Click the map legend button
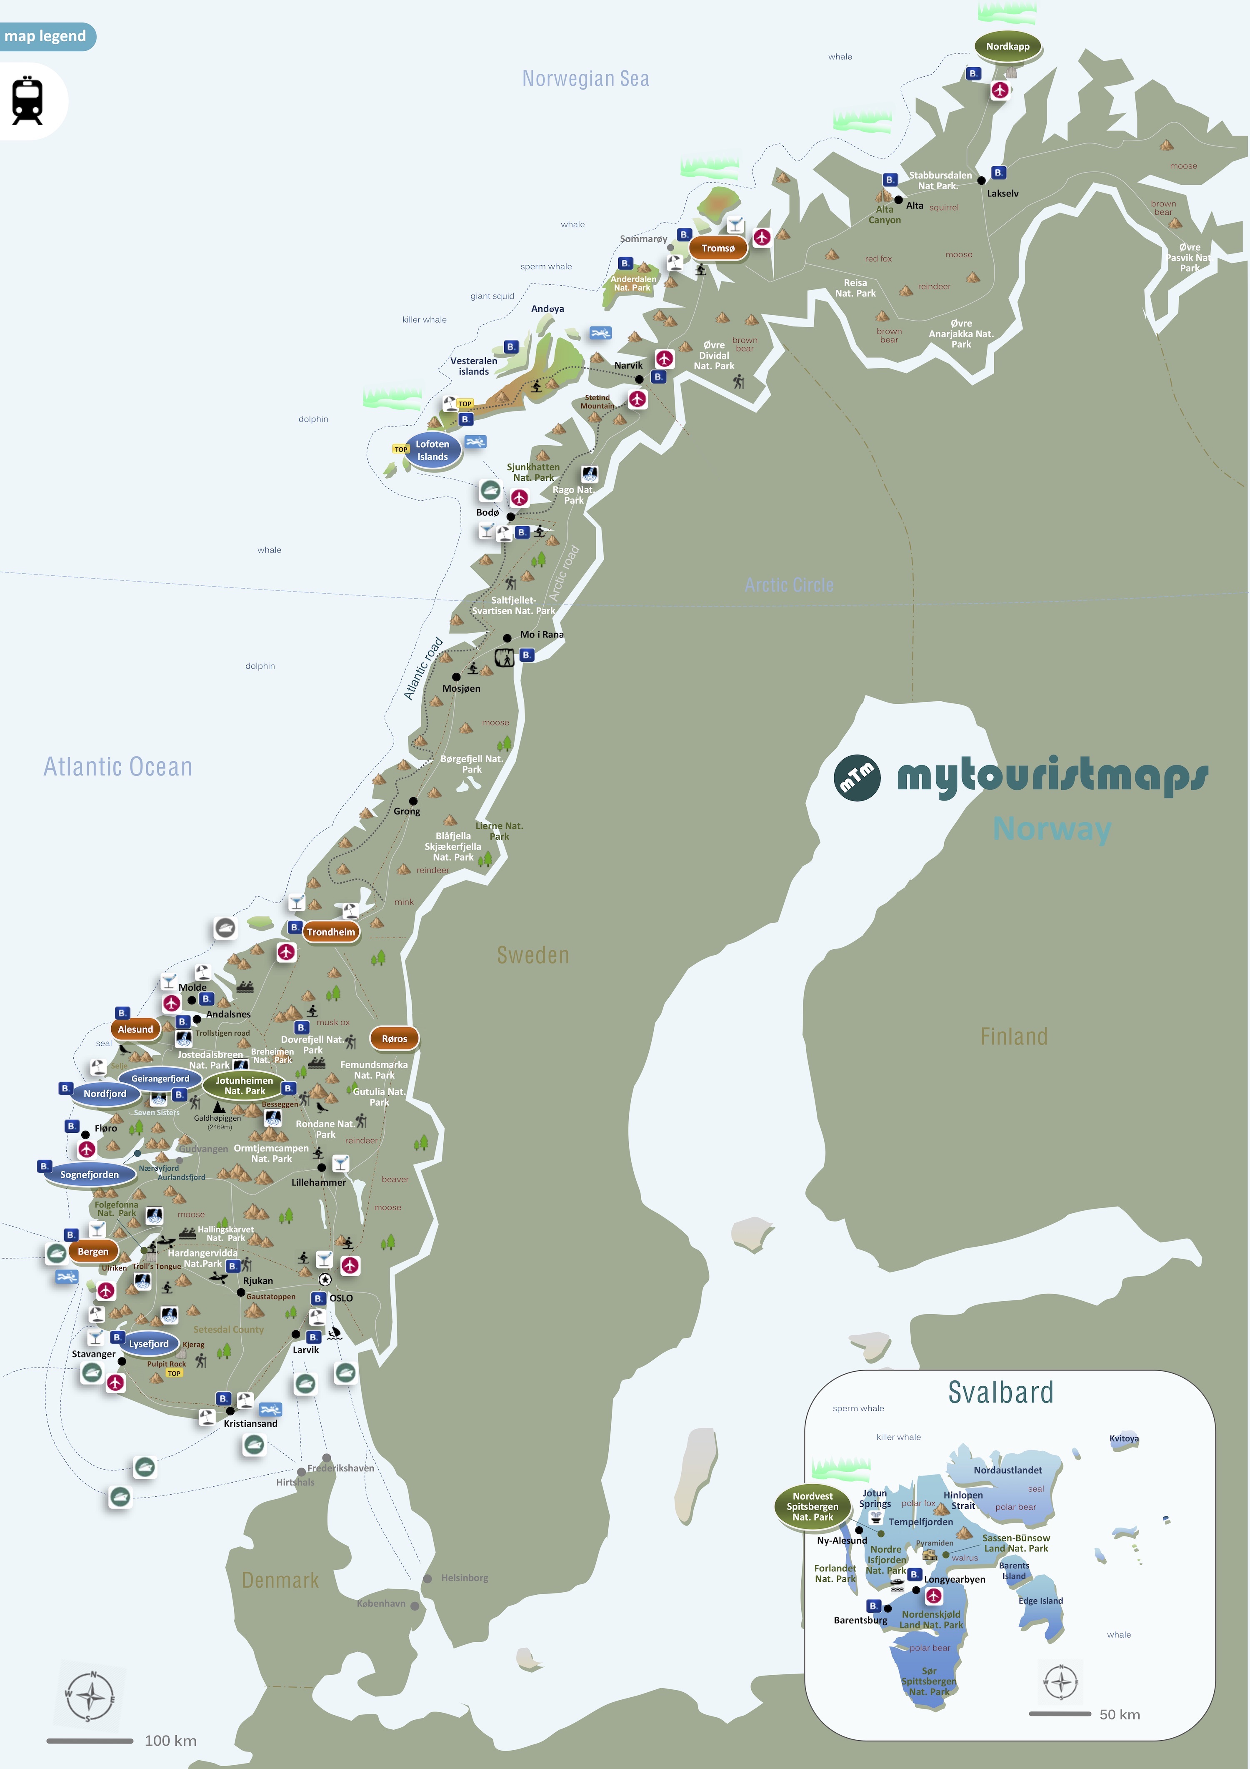tap(46, 36)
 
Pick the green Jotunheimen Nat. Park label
tap(244, 1086)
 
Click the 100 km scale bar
tap(90, 1741)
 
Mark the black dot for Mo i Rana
tap(507, 638)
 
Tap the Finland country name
tap(1014, 1037)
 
